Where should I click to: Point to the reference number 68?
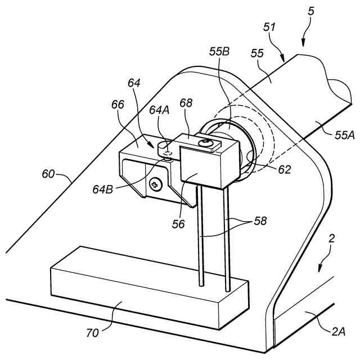(x=187, y=103)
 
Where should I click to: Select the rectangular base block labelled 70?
(x=149, y=290)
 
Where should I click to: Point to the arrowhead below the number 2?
(x=321, y=269)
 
